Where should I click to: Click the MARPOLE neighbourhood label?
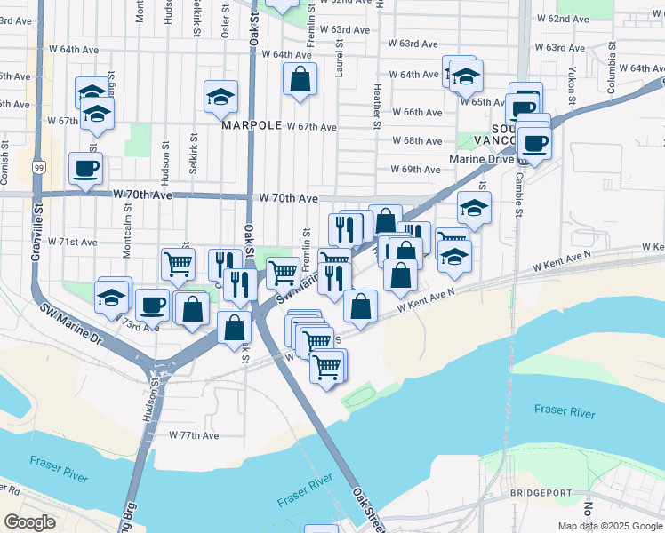pyautogui.click(x=251, y=126)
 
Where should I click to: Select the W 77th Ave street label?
pyautogui.click(x=194, y=435)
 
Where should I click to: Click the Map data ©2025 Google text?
pyautogui.click(x=610, y=526)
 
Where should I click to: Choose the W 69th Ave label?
pyautogui.click(x=415, y=170)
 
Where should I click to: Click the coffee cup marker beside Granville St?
pyautogui.click(x=85, y=168)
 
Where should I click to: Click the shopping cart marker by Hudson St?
pyautogui.click(x=178, y=262)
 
